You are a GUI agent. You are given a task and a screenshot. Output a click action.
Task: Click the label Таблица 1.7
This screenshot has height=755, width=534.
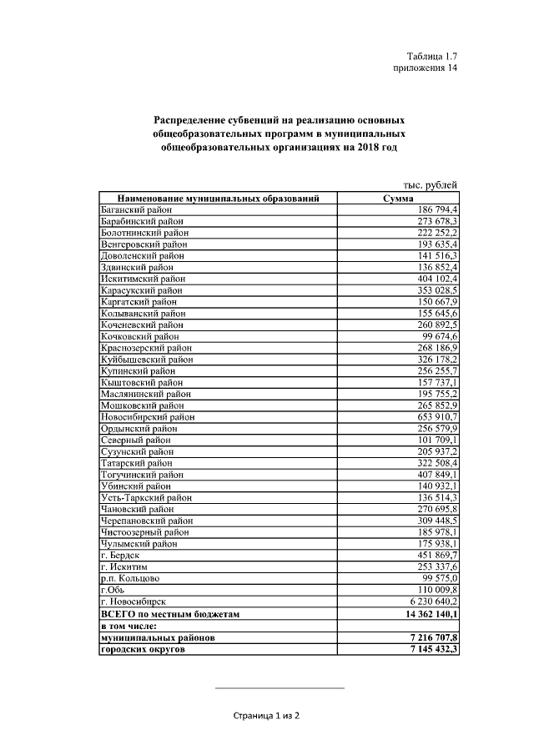point(431,56)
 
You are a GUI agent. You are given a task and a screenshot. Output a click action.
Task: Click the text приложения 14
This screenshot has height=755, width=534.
point(425,68)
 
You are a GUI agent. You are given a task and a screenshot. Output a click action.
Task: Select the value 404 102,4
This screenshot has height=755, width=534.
point(434,279)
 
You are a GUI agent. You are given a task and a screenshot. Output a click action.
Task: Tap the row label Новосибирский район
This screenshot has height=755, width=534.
point(147,416)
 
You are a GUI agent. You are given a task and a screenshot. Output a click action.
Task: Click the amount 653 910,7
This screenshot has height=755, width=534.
point(434,416)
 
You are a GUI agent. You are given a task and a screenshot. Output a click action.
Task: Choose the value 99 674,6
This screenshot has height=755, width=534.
point(438,336)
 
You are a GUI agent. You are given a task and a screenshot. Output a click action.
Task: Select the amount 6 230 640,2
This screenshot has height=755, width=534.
point(430,601)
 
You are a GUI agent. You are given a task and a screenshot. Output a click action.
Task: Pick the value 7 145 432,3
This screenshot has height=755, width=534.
point(430,648)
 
